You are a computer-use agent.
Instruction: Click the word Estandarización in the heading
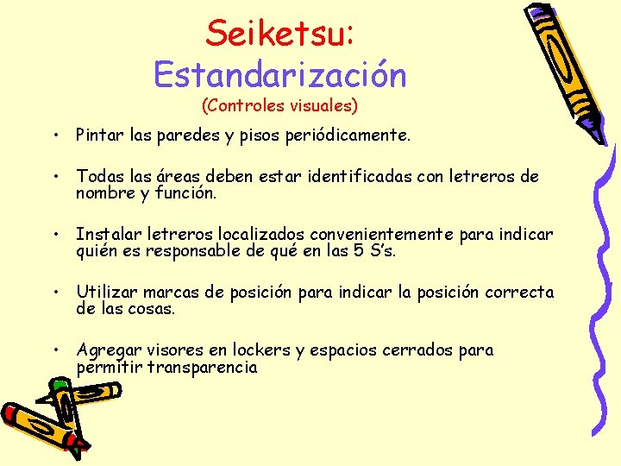pos(279,74)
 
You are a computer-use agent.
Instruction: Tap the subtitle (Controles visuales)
pos(279,106)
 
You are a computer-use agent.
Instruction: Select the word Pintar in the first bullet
pos(99,135)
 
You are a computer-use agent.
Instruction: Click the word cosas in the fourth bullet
pos(152,309)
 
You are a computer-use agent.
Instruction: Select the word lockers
pos(261,350)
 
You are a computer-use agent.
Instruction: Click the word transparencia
pos(203,367)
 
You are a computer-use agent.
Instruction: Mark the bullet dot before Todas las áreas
pos(54,177)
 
